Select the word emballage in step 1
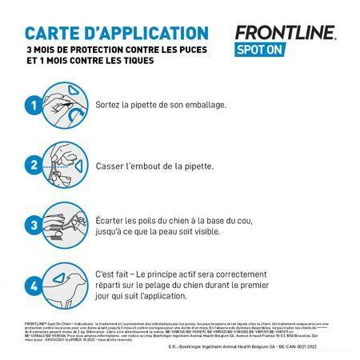coord(226,106)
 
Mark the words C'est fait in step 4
coord(129,273)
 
